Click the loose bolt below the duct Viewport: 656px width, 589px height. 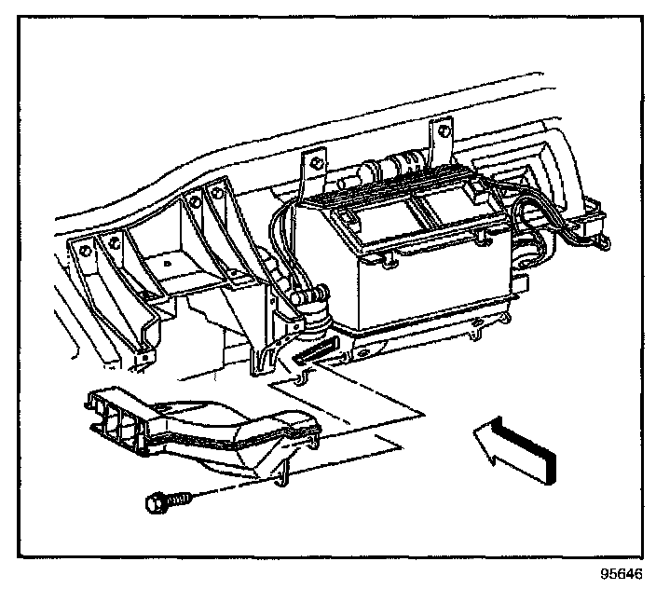[168, 503]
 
